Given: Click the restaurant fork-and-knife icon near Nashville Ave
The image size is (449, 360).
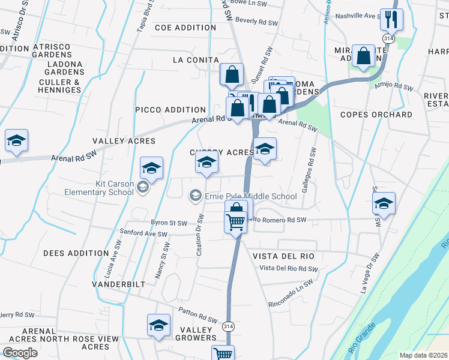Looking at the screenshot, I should point(391,20).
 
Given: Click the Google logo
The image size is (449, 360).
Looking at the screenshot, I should point(20,353).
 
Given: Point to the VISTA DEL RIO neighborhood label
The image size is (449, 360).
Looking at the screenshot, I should point(283,256).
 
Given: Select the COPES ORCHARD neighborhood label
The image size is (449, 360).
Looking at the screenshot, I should point(376,115).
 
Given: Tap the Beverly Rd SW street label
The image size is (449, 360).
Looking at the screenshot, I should point(256,21).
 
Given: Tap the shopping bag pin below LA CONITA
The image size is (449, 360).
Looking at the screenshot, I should point(232,75).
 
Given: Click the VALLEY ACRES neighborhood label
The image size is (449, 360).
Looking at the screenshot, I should point(124,141).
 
